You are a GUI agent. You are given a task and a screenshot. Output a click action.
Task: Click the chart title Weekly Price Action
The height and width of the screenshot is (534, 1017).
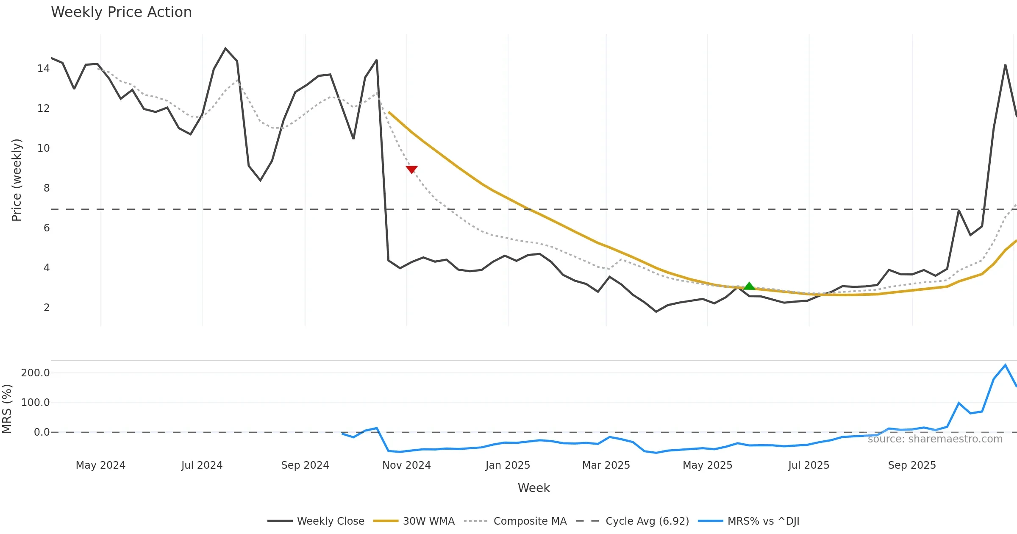pos(121,12)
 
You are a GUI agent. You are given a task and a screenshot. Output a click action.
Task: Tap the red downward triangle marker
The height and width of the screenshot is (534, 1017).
pos(411,169)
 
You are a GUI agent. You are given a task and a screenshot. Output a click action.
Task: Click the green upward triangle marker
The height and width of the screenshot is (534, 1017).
pos(749,286)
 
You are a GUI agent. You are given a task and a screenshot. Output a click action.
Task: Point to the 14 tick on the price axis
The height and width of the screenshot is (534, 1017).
pos(43,69)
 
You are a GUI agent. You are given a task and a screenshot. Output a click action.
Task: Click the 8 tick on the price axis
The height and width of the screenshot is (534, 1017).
pos(46,188)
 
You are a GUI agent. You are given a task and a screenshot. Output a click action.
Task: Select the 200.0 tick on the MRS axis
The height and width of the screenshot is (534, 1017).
pos(35,373)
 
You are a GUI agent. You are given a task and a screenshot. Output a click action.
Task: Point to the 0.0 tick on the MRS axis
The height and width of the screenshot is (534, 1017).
pos(42,432)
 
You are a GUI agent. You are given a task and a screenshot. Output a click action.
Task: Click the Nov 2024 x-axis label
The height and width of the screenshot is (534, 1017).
pos(406,465)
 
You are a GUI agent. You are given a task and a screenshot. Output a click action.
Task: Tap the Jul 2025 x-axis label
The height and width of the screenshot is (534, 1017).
pos(809,465)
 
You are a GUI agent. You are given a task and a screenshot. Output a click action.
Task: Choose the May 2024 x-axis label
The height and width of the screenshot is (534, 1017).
pos(100,465)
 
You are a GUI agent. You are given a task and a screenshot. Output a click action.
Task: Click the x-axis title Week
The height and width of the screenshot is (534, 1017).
pos(534,488)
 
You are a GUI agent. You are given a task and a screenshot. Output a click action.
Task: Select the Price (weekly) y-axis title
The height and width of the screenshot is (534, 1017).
pos(17,180)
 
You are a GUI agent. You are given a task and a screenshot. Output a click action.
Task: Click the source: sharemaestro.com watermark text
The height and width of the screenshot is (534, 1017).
pos(935,439)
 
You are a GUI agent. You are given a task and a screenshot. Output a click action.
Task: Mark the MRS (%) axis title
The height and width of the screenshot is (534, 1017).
pos(7,409)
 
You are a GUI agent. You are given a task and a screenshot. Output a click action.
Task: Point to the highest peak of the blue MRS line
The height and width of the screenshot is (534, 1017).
pos(1005,365)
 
